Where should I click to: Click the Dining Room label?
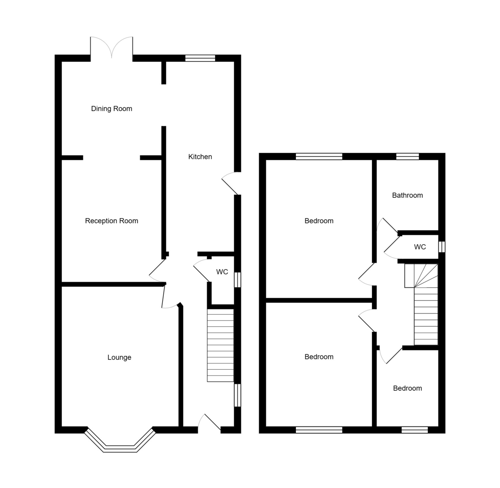(x=112, y=109)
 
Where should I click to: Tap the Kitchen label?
(x=200, y=157)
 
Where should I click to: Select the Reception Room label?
(x=112, y=221)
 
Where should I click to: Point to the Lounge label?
(x=119, y=357)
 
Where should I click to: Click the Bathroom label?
(x=407, y=195)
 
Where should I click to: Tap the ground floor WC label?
(x=222, y=272)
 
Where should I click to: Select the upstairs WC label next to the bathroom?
(x=420, y=247)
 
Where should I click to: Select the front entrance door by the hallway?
(x=210, y=423)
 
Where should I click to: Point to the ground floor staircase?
(x=220, y=346)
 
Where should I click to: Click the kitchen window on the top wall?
(x=200, y=58)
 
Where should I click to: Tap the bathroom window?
(x=407, y=157)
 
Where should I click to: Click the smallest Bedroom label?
(x=407, y=388)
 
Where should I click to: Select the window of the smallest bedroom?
(x=414, y=430)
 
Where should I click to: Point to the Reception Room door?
(x=157, y=271)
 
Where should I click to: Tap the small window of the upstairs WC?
(x=442, y=247)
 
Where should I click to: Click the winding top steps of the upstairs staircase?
(x=422, y=275)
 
